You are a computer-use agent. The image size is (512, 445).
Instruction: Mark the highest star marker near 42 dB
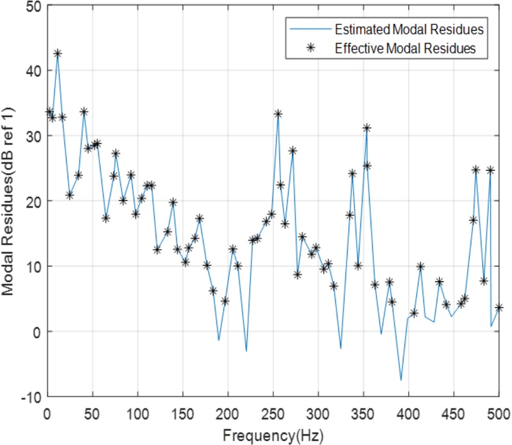[x=58, y=54]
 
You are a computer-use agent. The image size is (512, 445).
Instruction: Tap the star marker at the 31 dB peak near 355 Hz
[x=367, y=128]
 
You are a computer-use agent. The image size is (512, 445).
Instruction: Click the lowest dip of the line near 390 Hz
[x=401, y=380]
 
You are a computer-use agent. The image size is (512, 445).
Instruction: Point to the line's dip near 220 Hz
[x=246, y=351]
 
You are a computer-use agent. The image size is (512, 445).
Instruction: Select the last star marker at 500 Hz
[x=499, y=308]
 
